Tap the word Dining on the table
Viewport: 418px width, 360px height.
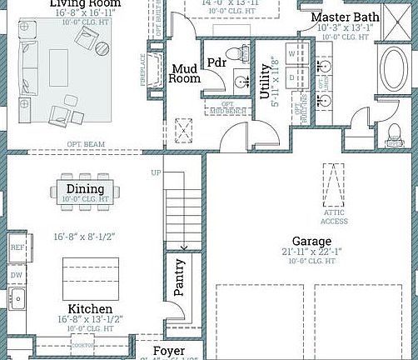tap(85, 189)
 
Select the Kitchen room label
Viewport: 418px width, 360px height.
tap(85, 308)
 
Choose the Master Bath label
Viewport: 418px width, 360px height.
tap(345, 17)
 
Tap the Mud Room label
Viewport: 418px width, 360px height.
tap(185, 74)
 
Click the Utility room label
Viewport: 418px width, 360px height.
tap(266, 82)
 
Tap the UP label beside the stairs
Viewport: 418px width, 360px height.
tap(155, 173)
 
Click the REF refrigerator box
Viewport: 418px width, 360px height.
tap(17, 247)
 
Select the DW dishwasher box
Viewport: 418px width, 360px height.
tap(17, 274)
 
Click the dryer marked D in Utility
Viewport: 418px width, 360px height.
tap(292, 77)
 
